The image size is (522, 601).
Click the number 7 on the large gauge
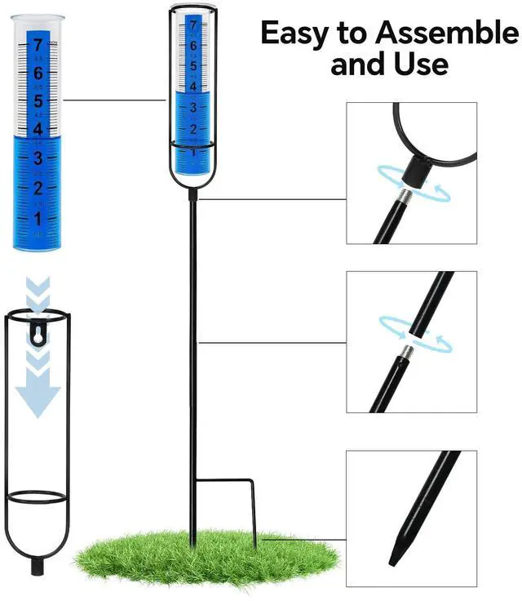(37, 45)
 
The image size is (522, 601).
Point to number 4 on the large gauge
(37, 129)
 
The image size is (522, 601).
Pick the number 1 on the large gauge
(37, 218)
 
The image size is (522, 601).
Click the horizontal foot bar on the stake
(227, 483)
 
